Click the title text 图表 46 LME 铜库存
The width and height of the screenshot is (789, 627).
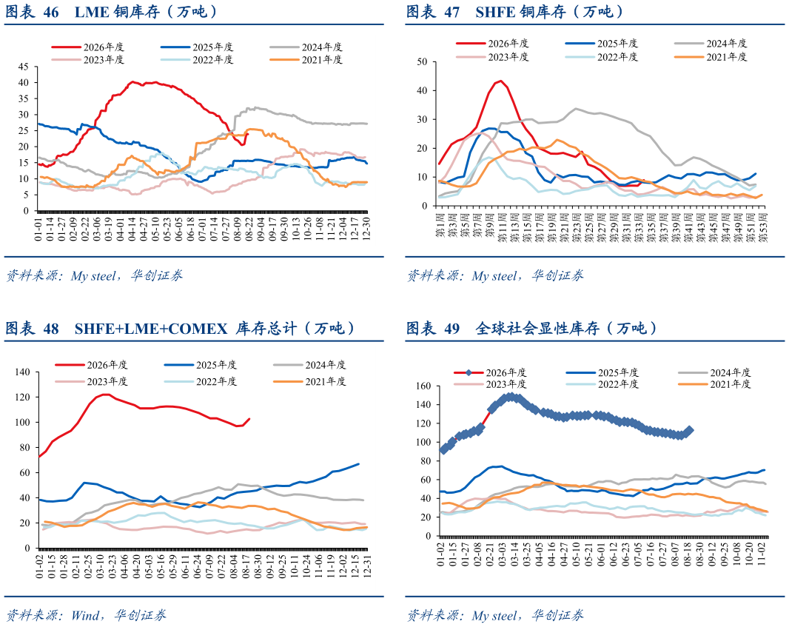tap(82, 12)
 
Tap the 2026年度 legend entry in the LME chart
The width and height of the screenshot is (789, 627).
tap(87, 47)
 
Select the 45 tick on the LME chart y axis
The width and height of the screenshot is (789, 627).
tap(24, 67)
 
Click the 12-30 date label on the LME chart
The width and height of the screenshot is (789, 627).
tap(366, 229)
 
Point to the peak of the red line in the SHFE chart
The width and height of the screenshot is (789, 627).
tap(500, 81)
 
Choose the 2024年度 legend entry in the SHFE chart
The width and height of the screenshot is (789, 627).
tap(711, 43)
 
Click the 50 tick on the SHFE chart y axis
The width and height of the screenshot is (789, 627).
tap(422, 62)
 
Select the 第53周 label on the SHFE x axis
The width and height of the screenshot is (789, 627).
tap(762, 227)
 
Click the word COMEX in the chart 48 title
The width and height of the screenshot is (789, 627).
tap(198, 329)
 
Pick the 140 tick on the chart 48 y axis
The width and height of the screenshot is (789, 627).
tap(23, 372)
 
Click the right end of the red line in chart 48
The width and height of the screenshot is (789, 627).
tap(249, 419)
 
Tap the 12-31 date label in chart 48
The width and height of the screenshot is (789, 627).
tap(367, 566)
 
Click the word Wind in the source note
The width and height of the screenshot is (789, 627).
tap(85, 615)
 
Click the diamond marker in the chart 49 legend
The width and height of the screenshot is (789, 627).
tap(469, 373)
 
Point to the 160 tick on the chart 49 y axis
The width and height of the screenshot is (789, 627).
tap(423, 386)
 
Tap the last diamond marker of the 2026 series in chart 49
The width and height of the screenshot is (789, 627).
tap(689, 430)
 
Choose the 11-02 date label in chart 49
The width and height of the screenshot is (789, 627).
tap(762, 553)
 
